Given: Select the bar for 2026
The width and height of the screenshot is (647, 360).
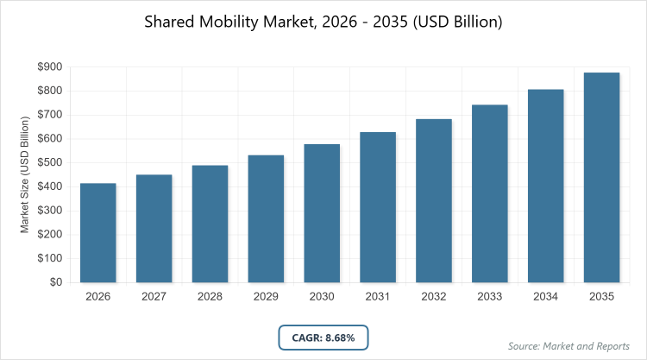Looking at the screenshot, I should coord(97,233).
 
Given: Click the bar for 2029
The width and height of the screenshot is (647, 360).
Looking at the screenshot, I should coord(266,219).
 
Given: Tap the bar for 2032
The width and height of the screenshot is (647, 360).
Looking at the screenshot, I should coord(434,200).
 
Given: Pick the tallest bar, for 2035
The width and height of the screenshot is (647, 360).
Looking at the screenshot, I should coord(602,177).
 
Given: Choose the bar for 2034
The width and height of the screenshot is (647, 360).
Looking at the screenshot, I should coord(546,186).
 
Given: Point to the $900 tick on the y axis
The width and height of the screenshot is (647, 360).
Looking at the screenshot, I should coord(49,66).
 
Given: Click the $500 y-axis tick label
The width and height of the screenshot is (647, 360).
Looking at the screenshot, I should coord(49,162).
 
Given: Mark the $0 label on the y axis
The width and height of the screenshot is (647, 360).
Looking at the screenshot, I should coord(55,282).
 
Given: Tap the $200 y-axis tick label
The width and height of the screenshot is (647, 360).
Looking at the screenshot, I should coord(49,234).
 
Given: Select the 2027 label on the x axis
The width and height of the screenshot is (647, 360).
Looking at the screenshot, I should coord(154,296).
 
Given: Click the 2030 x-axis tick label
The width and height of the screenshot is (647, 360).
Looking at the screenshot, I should coord(322,296).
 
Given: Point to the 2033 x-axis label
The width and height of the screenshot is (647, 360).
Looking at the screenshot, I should coord(490,296).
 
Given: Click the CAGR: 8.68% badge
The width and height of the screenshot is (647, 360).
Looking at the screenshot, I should coord(323,338).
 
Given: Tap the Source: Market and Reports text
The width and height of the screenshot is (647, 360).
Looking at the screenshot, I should coord(570,346).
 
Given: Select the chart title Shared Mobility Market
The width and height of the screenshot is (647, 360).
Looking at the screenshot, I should coord(323,21).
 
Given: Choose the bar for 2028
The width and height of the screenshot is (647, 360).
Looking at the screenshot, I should coord(210,224).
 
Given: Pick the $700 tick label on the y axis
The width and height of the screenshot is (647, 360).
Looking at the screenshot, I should coord(49,115).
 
